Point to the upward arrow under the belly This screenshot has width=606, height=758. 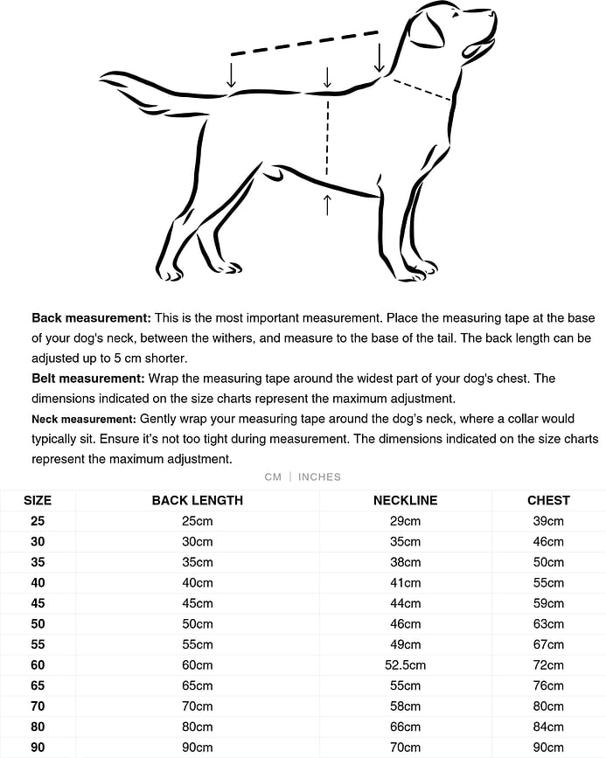click(327, 205)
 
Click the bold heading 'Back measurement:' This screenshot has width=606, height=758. click(91, 317)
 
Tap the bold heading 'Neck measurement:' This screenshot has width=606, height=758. click(83, 419)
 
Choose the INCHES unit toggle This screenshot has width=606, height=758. click(319, 476)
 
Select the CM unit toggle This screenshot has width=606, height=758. click(273, 476)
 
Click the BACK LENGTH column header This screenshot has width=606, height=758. click(198, 500)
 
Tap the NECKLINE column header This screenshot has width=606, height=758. click(405, 500)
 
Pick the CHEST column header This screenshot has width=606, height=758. click(548, 500)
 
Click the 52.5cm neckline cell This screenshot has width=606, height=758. click(405, 665)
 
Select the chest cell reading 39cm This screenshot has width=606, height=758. click(548, 521)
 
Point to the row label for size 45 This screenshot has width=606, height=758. click(38, 603)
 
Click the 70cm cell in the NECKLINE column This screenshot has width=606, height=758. click(405, 748)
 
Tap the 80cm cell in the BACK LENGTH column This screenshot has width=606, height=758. click(198, 727)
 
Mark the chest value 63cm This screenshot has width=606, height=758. click(548, 624)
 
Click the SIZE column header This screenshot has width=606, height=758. click(38, 500)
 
